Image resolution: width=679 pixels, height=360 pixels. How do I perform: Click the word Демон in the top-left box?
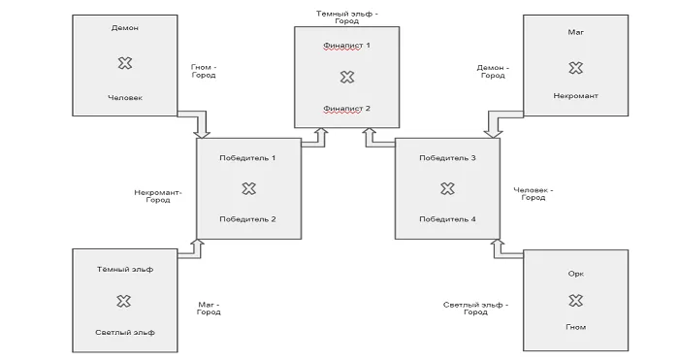pos(125,28)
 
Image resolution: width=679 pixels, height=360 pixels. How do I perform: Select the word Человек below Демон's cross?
pos(125,98)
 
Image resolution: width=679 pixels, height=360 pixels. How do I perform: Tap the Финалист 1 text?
pos(346,46)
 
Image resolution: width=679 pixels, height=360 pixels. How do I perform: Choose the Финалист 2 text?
pos(346,109)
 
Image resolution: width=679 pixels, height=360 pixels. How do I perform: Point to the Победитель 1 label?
pos(247,158)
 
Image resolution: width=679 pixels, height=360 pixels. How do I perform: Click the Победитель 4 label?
pos(447,219)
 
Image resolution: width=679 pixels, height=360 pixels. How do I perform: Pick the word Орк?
pos(576,274)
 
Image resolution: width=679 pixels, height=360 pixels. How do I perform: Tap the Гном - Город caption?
pos(204,71)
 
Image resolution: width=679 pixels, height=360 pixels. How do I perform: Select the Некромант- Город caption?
pos(158,196)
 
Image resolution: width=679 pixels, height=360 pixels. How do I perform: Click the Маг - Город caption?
pos(209,308)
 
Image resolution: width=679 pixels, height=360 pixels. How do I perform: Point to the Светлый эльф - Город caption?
pos(475,308)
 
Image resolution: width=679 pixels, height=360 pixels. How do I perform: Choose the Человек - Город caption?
pos(533,194)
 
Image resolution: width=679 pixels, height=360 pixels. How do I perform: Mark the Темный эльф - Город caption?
pos(347,17)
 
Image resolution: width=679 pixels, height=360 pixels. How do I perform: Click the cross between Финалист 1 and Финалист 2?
pos(347,77)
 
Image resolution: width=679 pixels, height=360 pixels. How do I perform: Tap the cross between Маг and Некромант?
pos(575,68)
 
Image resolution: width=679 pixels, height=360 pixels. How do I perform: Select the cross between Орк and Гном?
pos(575,300)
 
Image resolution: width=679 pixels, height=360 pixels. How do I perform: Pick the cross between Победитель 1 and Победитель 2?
pos(248,188)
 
